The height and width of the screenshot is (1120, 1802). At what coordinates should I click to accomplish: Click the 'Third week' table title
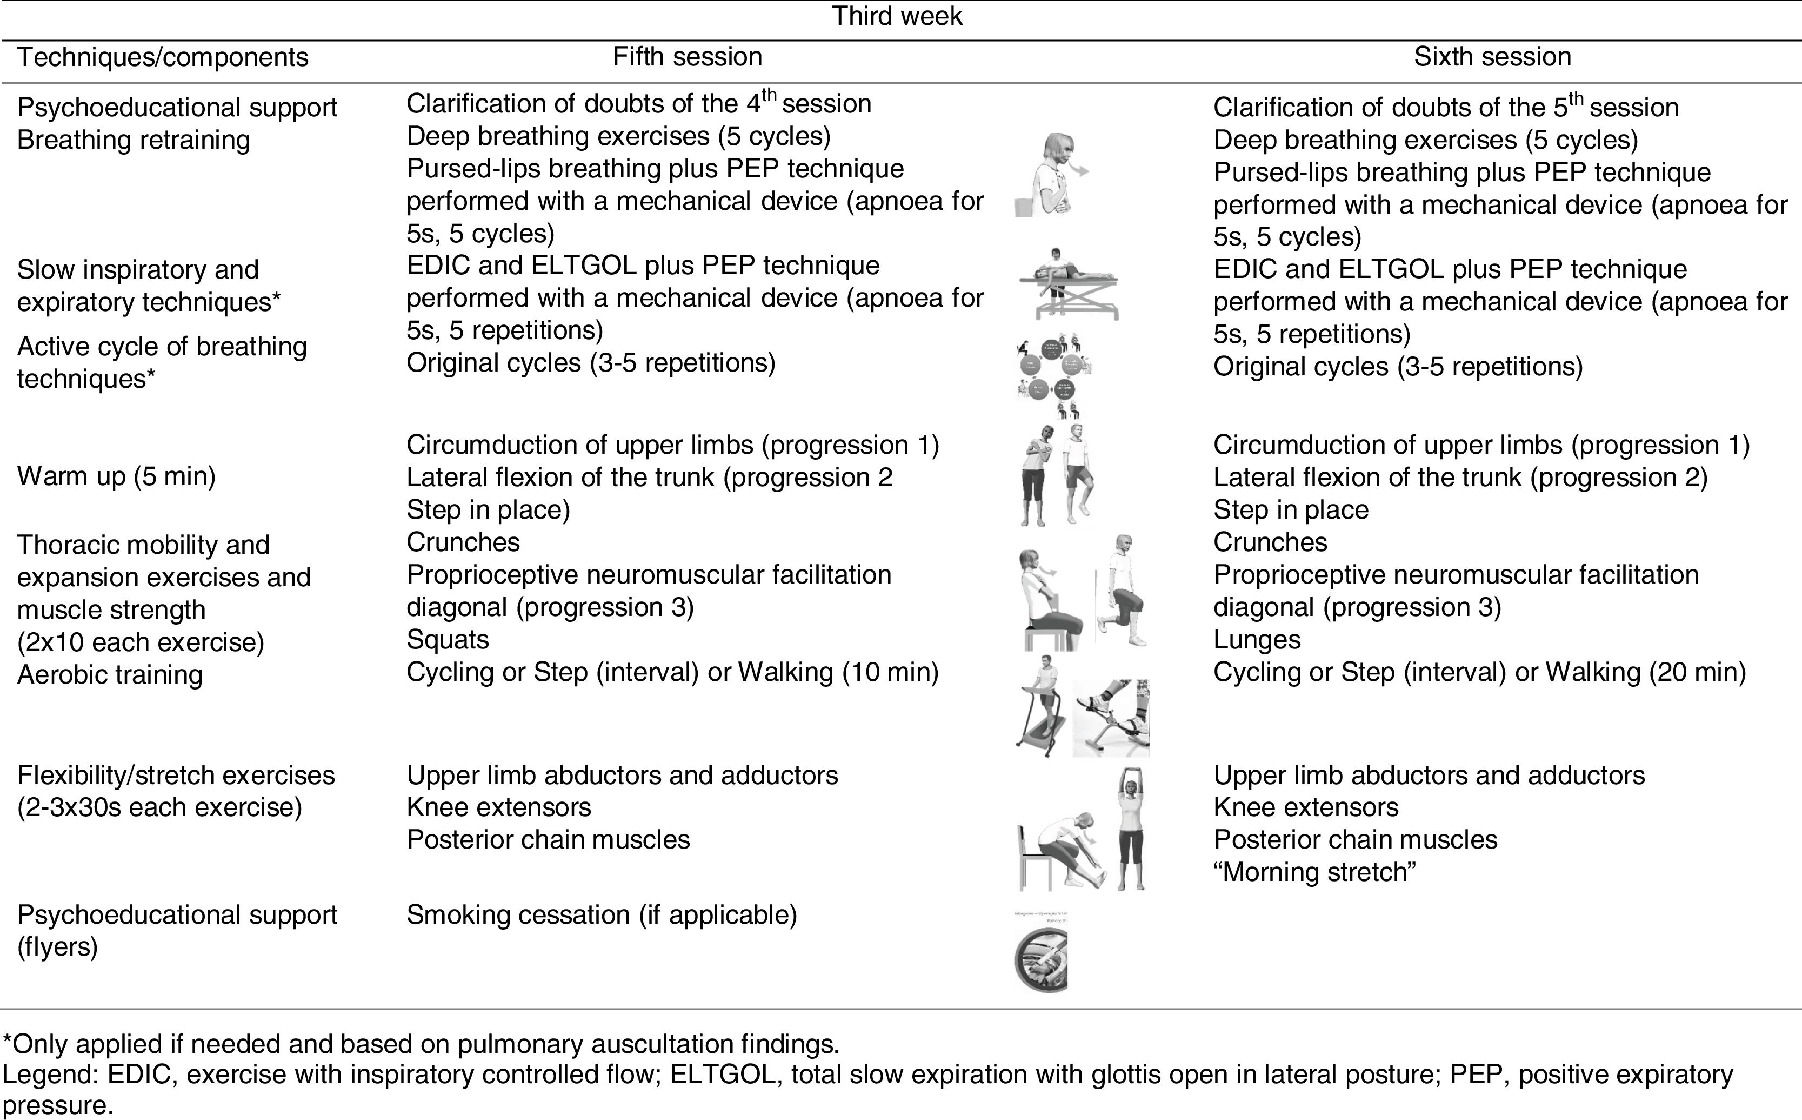point(897,16)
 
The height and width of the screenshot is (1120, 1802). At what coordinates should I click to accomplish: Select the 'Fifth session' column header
point(687,57)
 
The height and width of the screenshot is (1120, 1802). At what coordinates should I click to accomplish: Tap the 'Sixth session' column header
point(1492,57)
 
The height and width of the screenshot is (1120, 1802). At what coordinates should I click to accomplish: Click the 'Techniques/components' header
point(162,57)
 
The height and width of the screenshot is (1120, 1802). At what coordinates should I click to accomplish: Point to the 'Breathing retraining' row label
point(134,140)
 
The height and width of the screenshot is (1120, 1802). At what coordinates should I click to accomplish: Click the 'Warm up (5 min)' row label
point(116,476)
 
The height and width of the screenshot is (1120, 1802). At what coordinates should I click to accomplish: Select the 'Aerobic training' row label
point(110,675)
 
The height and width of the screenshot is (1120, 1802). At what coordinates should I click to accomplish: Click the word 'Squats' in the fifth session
point(448,640)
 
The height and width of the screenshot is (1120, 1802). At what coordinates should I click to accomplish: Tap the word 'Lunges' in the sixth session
point(1256,640)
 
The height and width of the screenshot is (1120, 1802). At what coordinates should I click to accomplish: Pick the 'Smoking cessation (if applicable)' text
point(601,915)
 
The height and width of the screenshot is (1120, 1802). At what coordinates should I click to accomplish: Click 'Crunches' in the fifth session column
point(463,542)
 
